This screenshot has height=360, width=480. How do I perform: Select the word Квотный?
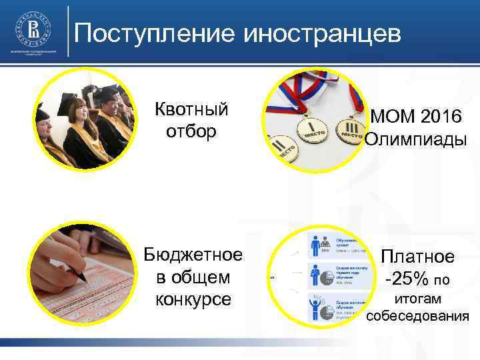(191, 109)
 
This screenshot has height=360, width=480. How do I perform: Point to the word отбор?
(191, 131)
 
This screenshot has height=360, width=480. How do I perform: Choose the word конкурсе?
(193, 299)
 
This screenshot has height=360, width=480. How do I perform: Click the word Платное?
(417, 257)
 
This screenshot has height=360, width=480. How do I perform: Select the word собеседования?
(417, 315)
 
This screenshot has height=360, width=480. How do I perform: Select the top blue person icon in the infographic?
(316, 246)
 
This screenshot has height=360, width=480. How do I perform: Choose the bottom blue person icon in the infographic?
(316, 307)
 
